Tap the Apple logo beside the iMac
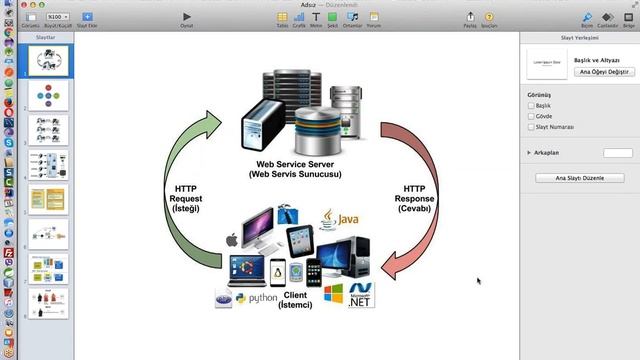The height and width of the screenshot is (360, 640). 231,240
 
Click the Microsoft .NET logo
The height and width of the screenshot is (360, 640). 361,295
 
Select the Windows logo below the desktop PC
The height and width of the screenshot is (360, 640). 334,294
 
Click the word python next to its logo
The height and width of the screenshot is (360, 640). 263,297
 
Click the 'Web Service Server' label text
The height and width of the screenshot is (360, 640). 295,164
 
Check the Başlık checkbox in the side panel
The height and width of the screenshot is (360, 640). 530,105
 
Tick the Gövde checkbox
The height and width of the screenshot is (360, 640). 530,116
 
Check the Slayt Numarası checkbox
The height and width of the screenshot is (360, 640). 530,127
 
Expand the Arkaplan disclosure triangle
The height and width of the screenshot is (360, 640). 528,153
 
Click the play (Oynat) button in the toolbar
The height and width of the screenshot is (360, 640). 186,16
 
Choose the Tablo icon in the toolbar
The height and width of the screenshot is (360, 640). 282,17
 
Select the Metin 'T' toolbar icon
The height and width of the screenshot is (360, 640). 316,17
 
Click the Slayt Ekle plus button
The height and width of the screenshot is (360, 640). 86,17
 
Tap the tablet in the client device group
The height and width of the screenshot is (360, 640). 299,240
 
